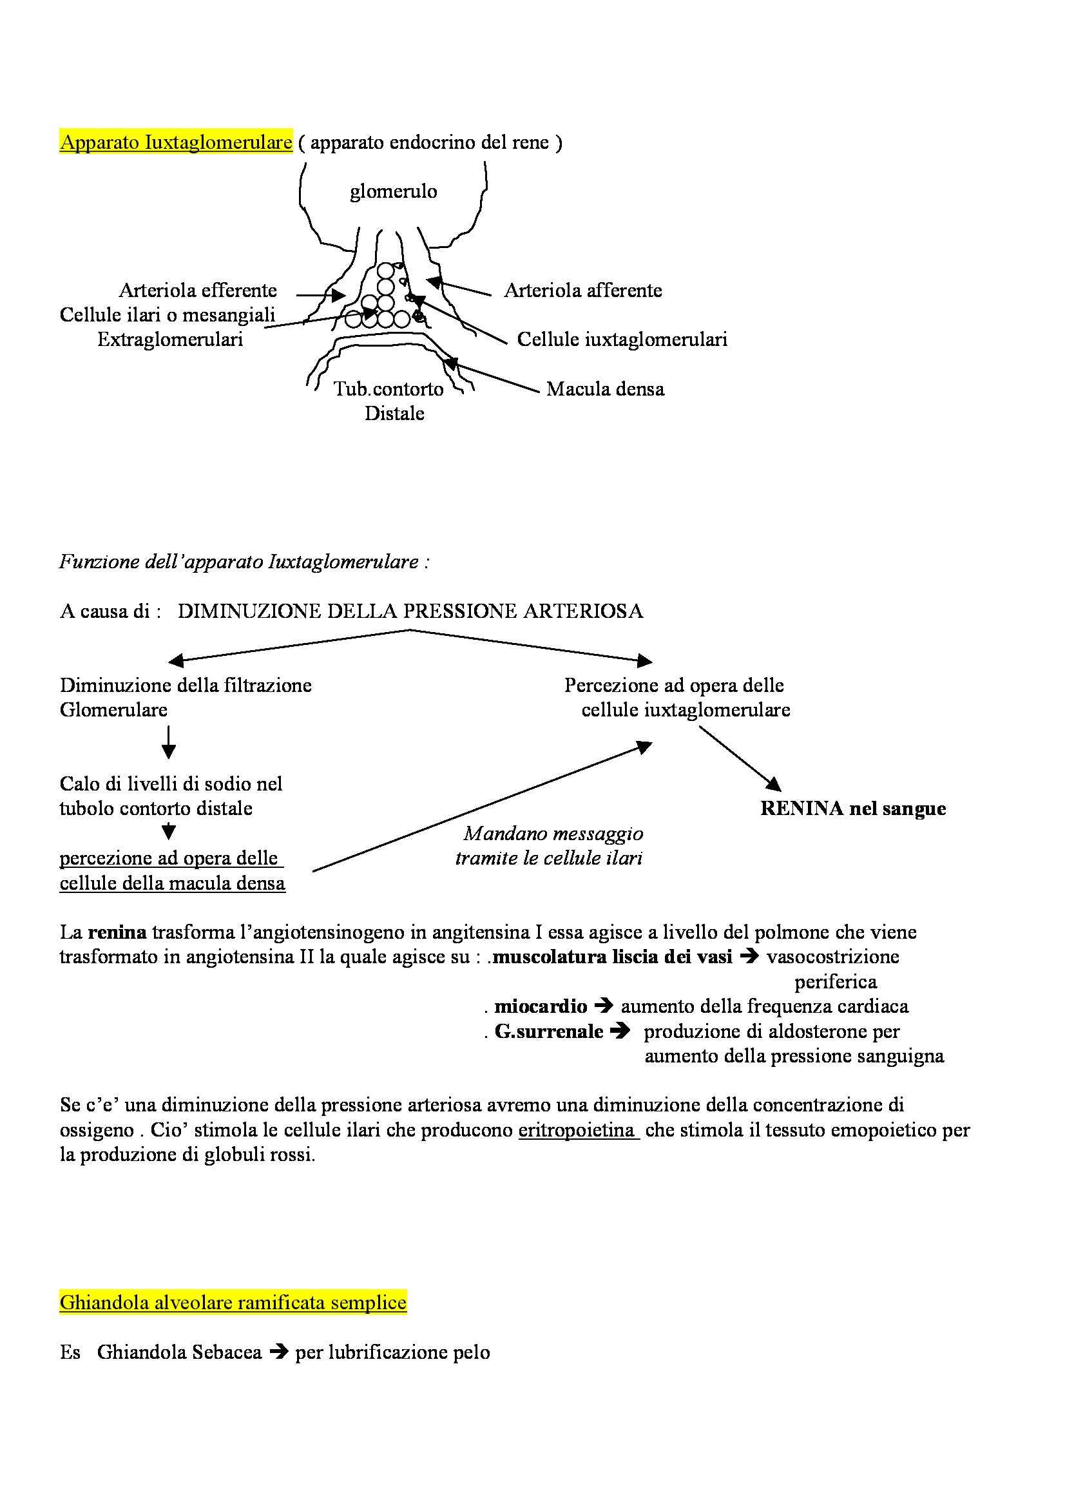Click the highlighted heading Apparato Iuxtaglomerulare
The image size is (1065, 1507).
click(176, 142)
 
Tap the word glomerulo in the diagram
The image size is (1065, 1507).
click(393, 191)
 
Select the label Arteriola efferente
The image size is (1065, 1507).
click(198, 290)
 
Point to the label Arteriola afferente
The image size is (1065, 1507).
click(582, 290)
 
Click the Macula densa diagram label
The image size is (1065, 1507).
click(605, 389)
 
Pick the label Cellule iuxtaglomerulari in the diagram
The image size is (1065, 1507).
click(622, 340)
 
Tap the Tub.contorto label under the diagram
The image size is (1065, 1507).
click(389, 389)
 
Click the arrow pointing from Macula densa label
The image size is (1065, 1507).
click(492, 376)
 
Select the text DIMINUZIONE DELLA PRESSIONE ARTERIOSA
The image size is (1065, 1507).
click(410, 611)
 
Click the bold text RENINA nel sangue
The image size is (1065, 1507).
click(853, 809)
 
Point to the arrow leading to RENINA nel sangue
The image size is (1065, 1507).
click(740, 759)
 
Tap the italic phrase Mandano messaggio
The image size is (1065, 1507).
click(553, 834)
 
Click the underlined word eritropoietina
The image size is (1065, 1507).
click(578, 1130)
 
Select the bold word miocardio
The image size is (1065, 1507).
click(541, 1006)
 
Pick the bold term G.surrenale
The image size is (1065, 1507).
click(548, 1031)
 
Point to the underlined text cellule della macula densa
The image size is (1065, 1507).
click(173, 883)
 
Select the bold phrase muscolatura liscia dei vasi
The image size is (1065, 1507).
click(612, 957)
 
